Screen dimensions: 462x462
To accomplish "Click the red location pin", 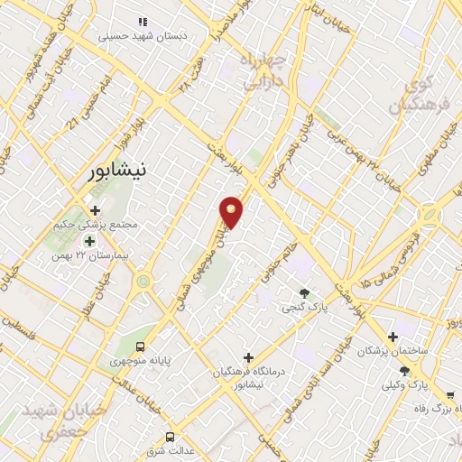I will [x=232, y=210].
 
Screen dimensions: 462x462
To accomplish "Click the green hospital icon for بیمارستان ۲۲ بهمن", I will [x=89, y=241].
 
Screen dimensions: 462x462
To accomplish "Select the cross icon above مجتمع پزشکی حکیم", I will [x=95, y=210].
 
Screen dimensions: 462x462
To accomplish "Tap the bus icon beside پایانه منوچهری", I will [x=140, y=347].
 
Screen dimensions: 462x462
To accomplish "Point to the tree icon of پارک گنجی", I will [x=304, y=291].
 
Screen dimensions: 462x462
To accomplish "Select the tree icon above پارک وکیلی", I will [x=403, y=371].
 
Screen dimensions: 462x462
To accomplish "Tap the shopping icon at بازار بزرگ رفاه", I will [x=449, y=394].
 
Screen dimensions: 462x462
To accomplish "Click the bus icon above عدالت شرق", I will [x=170, y=437].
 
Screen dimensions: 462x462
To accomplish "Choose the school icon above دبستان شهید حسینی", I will [x=141, y=21].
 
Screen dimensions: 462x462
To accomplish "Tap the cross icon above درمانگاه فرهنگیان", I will [x=248, y=357].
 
